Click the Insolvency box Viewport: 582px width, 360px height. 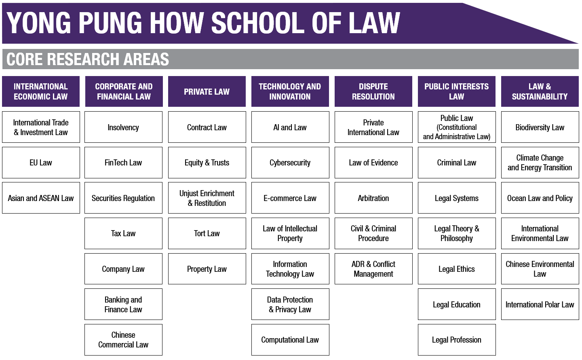(x=123, y=127)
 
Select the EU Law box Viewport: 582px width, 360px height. (x=41, y=163)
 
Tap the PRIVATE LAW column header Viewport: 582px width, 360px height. (x=207, y=91)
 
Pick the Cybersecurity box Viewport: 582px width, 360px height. (x=290, y=163)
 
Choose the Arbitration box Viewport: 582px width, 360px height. (x=373, y=198)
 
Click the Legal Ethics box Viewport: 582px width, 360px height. (x=457, y=269)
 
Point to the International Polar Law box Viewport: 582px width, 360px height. (x=540, y=304)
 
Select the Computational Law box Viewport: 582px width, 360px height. (x=290, y=340)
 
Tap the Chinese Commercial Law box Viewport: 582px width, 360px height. (x=123, y=340)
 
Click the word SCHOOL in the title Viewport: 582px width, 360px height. (x=258, y=23)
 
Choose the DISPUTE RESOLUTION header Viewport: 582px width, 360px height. (x=373, y=91)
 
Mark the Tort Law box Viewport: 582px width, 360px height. (x=207, y=233)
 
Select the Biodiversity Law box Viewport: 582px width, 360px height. (x=540, y=127)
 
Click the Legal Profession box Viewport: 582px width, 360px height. (x=457, y=340)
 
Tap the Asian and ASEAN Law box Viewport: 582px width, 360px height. (x=41, y=198)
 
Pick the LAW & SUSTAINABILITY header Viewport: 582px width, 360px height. (x=540, y=91)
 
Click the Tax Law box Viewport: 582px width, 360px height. (x=123, y=233)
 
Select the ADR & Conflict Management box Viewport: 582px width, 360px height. (x=373, y=269)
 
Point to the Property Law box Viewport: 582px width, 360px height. (x=207, y=269)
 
